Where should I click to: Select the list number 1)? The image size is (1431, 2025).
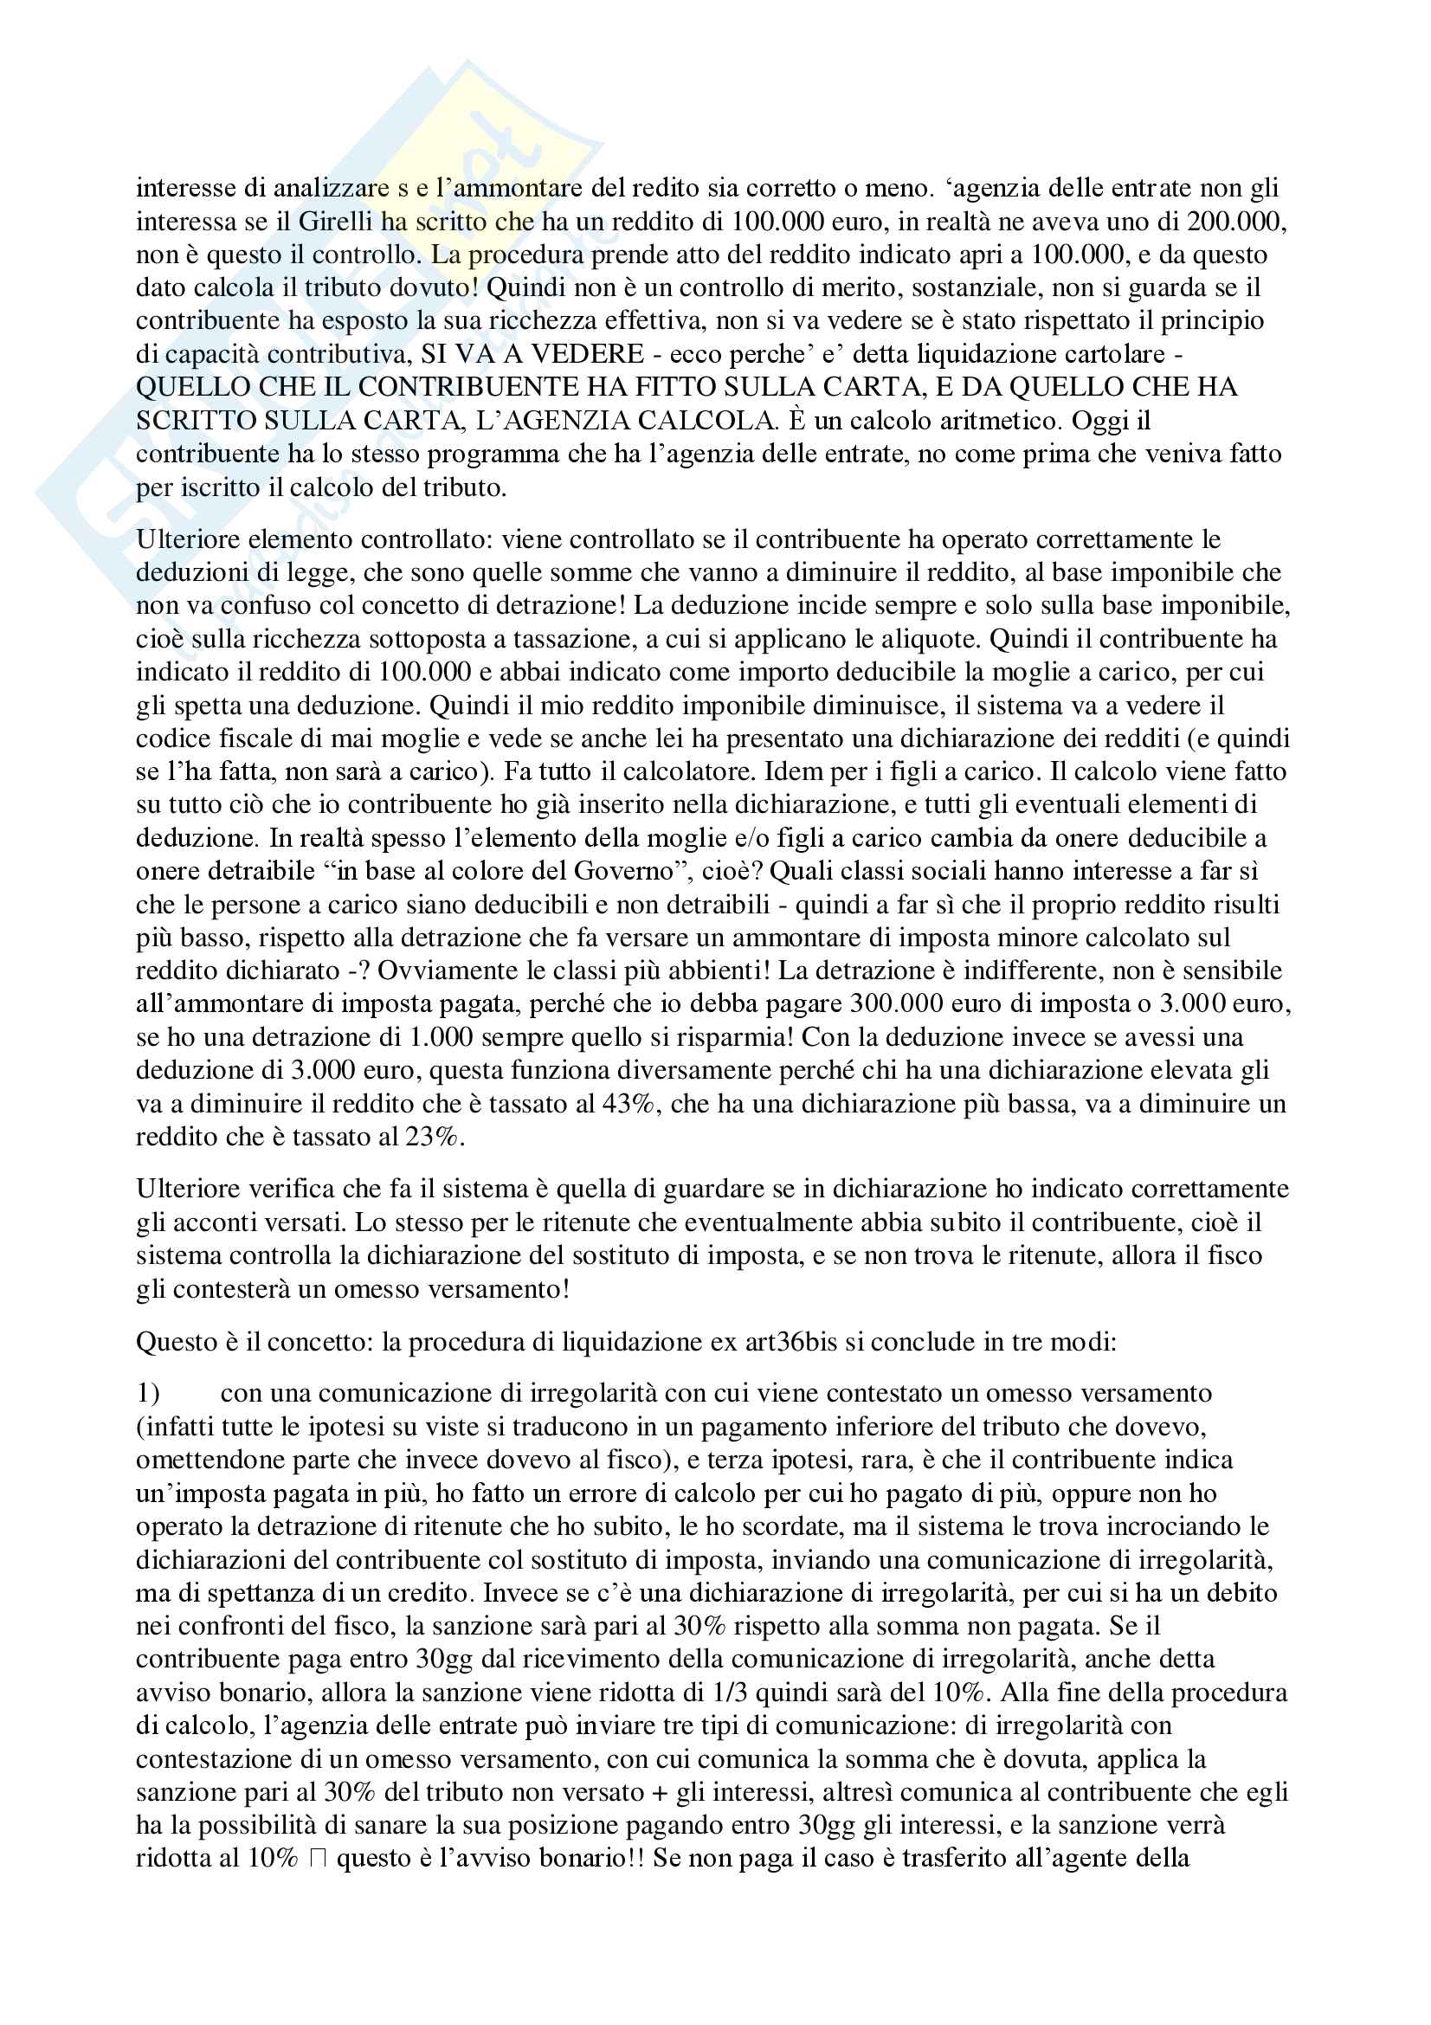point(147,1394)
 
